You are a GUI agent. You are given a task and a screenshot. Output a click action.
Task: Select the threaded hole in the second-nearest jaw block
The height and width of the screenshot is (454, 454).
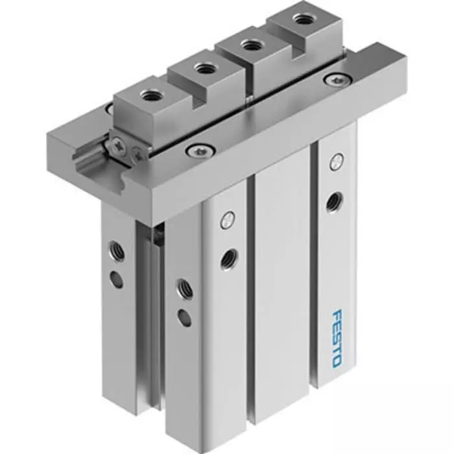(x=206, y=67)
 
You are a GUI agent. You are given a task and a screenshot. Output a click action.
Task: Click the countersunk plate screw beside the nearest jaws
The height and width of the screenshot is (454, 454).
(x=195, y=151)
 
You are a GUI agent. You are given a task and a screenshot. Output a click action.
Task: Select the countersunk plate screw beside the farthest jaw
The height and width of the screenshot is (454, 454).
(x=335, y=80)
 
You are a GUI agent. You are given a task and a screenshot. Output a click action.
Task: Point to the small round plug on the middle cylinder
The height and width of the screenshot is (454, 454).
(x=226, y=220)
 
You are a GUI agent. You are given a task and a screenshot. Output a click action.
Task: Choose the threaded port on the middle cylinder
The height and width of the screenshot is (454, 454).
(x=228, y=258)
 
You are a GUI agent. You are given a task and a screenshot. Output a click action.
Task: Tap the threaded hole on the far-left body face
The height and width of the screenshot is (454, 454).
(x=117, y=248)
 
